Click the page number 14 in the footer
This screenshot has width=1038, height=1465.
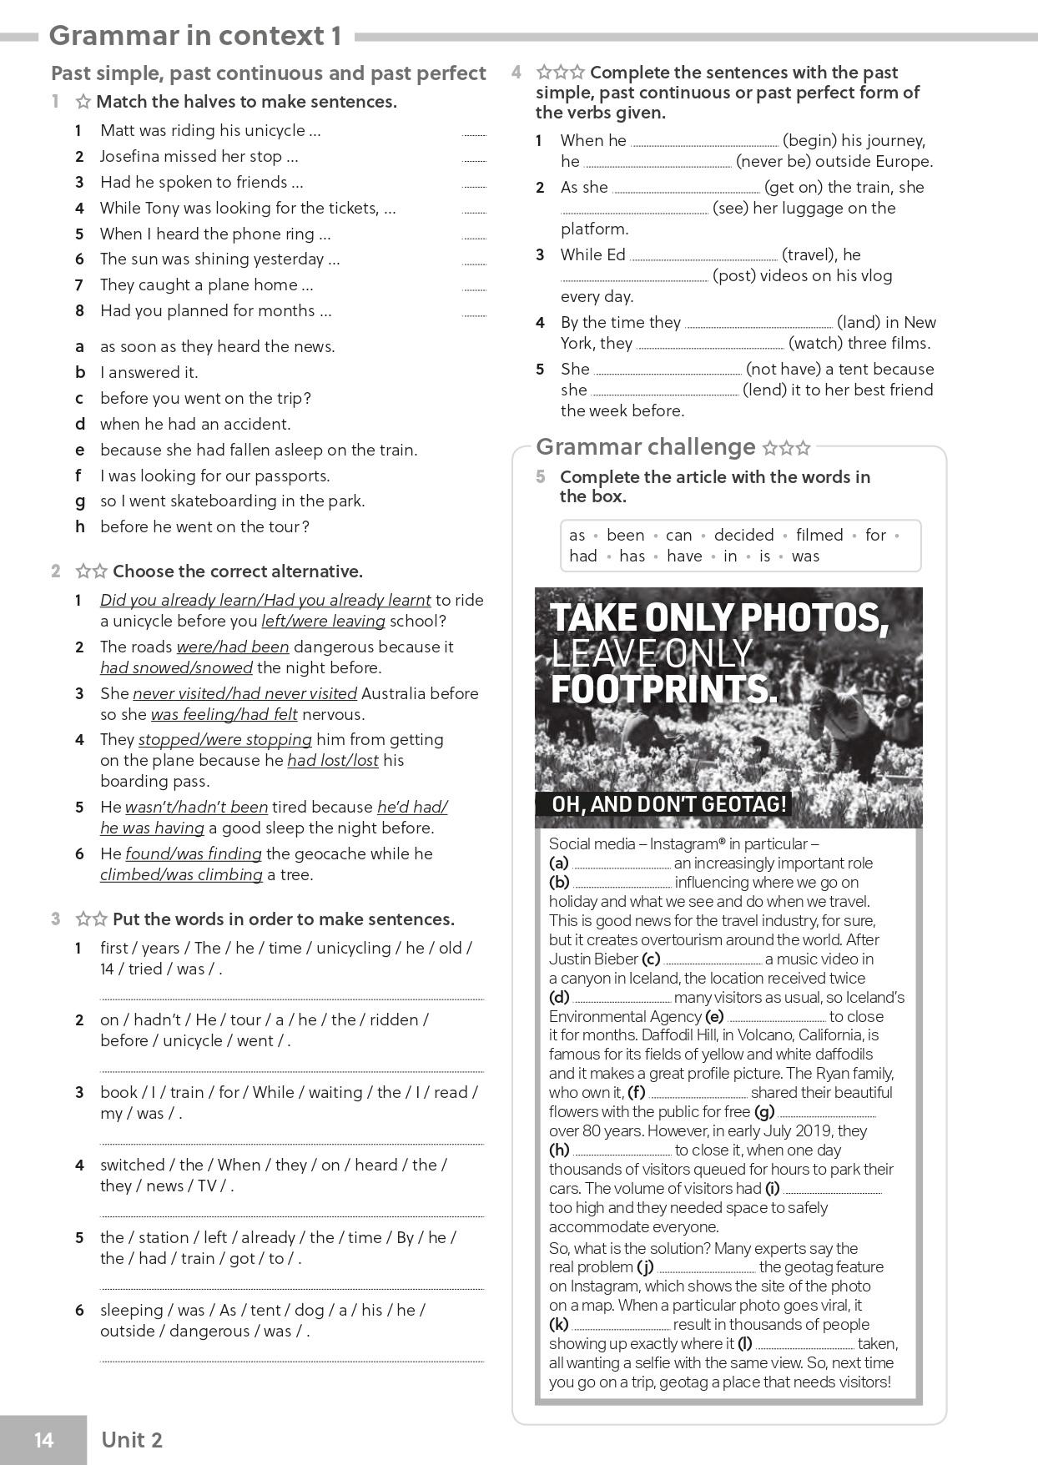(x=43, y=1439)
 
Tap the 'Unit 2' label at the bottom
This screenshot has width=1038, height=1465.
(x=131, y=1439)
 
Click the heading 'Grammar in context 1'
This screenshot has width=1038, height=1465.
(x=195, y=36)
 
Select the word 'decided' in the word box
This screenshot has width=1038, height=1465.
(x=743, y=535)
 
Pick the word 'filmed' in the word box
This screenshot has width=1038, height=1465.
(x=819, y=535)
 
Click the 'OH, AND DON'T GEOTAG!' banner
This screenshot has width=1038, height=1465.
(x=669, y=804)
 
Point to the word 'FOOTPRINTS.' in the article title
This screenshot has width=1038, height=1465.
(x=663, y=689)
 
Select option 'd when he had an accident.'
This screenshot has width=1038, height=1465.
(x=194, y=424)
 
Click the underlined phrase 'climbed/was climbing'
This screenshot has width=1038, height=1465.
(x=181, y=874)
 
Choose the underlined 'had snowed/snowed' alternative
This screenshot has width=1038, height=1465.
(x=176, y=667)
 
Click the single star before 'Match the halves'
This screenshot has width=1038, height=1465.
(x=83, y=102)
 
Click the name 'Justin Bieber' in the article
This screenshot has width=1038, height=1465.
(x=593, y=959)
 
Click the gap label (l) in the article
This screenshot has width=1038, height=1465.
(x=744, y=1343)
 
